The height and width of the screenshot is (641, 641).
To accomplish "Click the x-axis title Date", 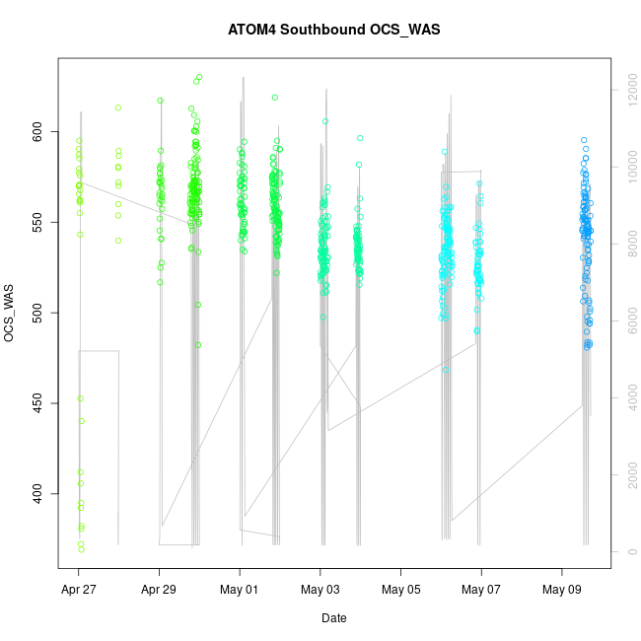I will click(333, 618).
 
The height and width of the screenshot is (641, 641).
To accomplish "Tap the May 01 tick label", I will click(240, 590).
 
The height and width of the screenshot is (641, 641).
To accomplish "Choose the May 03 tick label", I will click(320, 590).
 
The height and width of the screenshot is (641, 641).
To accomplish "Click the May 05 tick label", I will click(400, 590).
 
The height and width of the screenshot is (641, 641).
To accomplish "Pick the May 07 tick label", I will click(481, 590).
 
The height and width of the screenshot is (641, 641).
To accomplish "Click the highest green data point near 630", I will click(199, 77).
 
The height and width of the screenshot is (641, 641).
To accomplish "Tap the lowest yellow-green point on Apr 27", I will click(81, 549).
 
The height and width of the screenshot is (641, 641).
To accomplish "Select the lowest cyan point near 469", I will click(446, 370).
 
